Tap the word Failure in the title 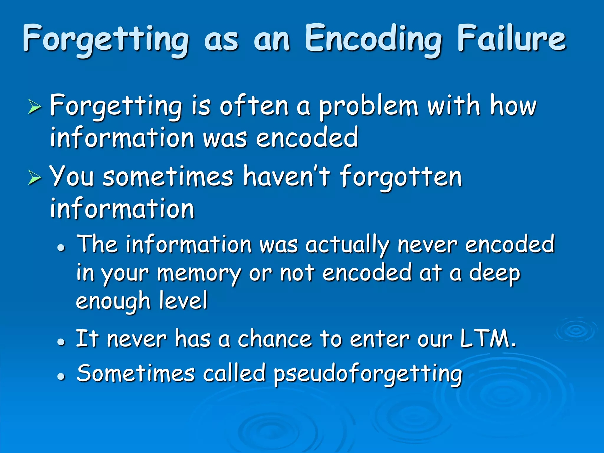tap(511, 38)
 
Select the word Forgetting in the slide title tap(106, 40)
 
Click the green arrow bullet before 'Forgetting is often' tap(35, 107)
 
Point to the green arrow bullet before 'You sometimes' tap(35, 178)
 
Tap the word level tap(183, 301)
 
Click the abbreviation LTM tap(488, 339)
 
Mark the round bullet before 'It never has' tap(61, 342)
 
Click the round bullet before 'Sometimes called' tap(61, 377)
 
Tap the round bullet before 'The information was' tap(61, 248)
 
